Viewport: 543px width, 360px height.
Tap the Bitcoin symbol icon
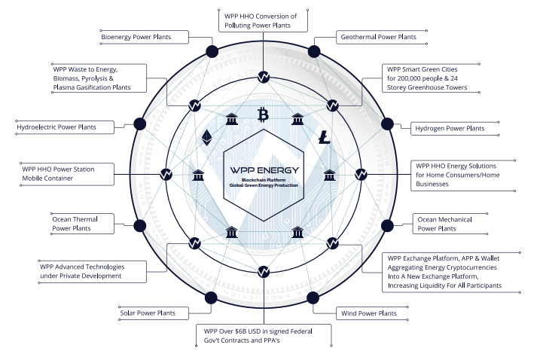click(x=263, y=114)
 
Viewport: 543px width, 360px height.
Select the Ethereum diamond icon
click(x=206, y=138)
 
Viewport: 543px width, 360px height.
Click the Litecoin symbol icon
click(x=324, y=137)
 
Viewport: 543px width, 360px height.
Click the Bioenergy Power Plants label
click(x=136, y=36)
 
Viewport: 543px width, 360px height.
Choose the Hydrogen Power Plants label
click(x=450, y=129)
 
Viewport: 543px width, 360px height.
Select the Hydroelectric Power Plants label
click(x=66, y=127)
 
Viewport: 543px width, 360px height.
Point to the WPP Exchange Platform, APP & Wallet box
click(x=444, y=271)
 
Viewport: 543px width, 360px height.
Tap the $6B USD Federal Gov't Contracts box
click(x=264, y=335)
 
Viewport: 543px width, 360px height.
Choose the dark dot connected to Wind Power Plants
click(x=316, y=296)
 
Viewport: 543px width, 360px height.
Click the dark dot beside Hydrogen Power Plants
click(x=387, y=123)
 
